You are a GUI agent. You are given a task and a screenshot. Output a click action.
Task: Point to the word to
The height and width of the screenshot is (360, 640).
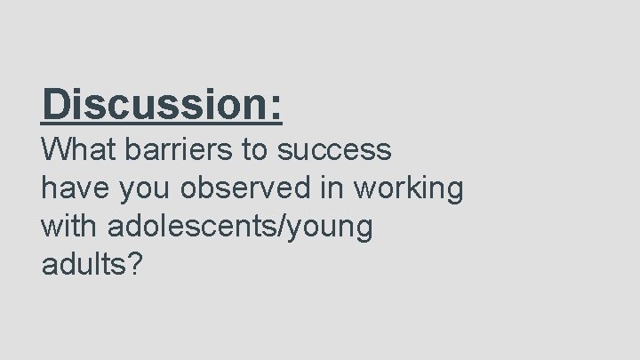click(260, 149)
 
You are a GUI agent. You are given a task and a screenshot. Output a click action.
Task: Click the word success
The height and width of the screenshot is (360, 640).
click(335, 151)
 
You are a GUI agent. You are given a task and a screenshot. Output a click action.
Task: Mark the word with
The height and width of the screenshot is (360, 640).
click(72, 227)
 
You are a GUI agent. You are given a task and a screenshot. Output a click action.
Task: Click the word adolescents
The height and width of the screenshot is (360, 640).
click(191, 227)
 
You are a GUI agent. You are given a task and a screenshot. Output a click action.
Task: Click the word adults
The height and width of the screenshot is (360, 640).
click(83, 265)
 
